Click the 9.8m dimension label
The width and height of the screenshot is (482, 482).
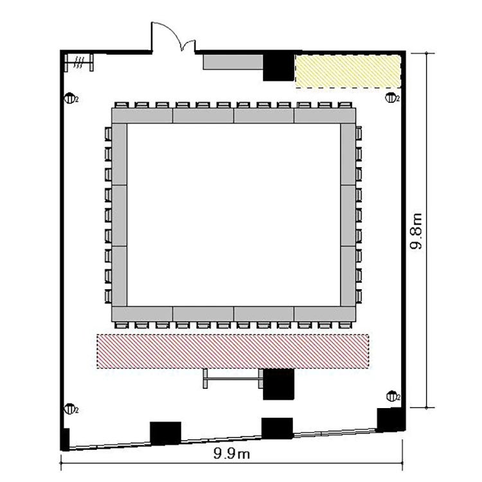[x=417, y=231]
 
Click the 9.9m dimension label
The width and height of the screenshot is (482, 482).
[x=231, y=454]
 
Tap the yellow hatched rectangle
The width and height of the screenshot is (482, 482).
[x=348, y=71]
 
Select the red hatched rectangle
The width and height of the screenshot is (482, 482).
[x=233, y=351]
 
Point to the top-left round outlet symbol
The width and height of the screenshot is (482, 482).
[x=69, y=99]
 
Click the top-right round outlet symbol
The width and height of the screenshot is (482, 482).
[x=391, y=98]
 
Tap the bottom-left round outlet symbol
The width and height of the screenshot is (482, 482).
[x=69, y=409]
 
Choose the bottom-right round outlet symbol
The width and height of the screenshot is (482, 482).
[x=392, y=397]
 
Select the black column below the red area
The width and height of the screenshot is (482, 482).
[x=278, y=384]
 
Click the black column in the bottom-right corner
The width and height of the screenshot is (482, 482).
[x=389, y=420]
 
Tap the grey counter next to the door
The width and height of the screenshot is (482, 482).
[x=233, y=62]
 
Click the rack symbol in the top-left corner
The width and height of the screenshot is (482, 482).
[x=78, y=62]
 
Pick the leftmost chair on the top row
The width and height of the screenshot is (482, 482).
[x=121, y=105]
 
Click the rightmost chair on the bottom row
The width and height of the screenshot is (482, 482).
[x=344, y=325]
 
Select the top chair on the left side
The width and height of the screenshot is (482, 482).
[x=108, y=134]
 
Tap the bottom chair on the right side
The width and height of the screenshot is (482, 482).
[x=359, y=296]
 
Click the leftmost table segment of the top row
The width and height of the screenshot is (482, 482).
[x=142, y=116]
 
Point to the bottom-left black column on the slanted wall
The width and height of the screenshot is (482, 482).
[x=165, y=433]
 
